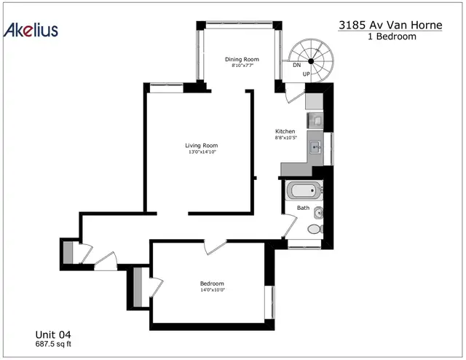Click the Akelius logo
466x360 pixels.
coord(31,30)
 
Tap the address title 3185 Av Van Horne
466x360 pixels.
coord(390,25)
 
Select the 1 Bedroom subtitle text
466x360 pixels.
coord(392,36)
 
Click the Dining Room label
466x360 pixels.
coord(242,59)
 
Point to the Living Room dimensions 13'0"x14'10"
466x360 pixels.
coord(202,152)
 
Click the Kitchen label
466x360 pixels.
coord(285,131)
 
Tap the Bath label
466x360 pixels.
coord(303,208)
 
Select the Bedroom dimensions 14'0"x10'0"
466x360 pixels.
coord(212,290)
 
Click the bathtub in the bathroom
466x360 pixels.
coord(304,190)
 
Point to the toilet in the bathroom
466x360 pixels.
coord(315,229)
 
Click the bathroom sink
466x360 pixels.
coord(319,213)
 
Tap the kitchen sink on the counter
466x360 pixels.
coord(315,147)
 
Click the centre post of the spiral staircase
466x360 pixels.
coord(311,61)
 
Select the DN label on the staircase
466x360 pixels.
coord(296,65)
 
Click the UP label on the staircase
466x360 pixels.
coord(306,74)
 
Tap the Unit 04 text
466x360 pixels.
coord(53,334)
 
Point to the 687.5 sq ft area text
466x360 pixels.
coord(53,344)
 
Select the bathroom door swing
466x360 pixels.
coord(290,226)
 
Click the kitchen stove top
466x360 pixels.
coord(315,120)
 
